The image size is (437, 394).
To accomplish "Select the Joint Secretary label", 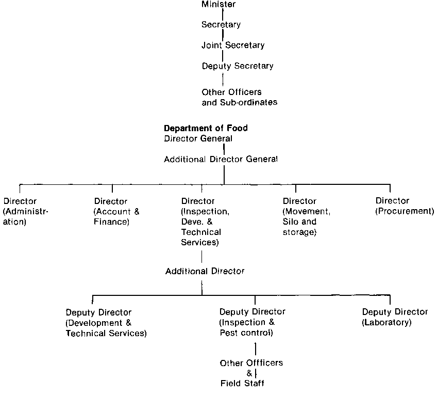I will (233, 45).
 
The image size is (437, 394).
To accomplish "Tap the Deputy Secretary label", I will (238, 66).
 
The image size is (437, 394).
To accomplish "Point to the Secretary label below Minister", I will (221, 25).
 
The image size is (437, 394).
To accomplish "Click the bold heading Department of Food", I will (206, 129).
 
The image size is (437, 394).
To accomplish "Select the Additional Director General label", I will (221, 160).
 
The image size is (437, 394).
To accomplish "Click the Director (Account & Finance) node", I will (117, 212).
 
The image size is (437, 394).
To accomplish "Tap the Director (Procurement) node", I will (405, 206).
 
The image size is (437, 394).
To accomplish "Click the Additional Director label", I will (205, 271).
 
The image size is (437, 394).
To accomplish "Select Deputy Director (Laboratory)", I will (395, 318).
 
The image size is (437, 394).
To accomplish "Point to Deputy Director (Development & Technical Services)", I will (106, 323).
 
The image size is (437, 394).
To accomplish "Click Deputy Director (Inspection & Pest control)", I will (252, 323).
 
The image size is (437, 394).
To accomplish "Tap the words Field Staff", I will (242, 383).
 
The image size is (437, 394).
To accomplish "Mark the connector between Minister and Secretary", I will (223, 15).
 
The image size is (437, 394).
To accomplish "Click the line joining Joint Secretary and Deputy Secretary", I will (223, 56).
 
